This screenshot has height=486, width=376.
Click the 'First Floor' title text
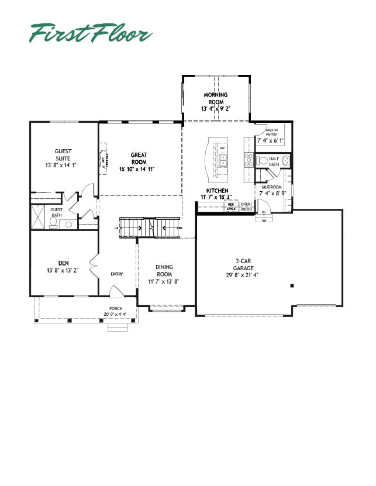coord(91,33)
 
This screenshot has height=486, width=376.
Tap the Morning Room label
coord(216,98)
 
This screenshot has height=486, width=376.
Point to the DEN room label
coord(64,263)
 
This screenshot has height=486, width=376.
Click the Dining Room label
coord(164,270)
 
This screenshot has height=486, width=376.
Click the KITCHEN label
coord(216,191)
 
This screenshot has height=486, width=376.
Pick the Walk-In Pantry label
coord(271,132)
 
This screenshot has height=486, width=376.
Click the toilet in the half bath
coord(263,160)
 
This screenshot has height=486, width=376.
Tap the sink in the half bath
coord(286,160)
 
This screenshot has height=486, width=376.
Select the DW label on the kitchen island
coord(223,148)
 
